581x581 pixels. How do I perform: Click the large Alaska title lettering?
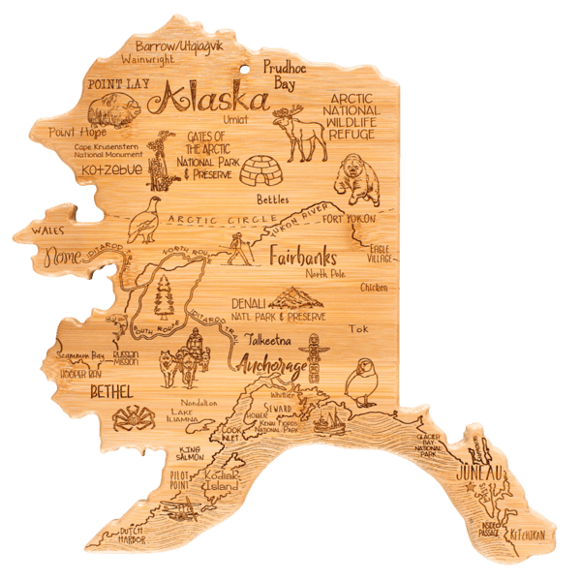pyautogui.click(x=215, y=98)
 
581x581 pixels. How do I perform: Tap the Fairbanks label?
pyautogui.click(x=301, y=259)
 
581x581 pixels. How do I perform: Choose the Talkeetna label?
pyautogui.click(x=269, y=340)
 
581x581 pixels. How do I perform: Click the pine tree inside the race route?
pyautogui.click(x=166, y=295)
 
